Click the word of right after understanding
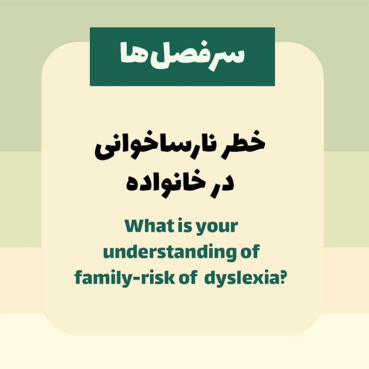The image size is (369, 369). tap(250, 251)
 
